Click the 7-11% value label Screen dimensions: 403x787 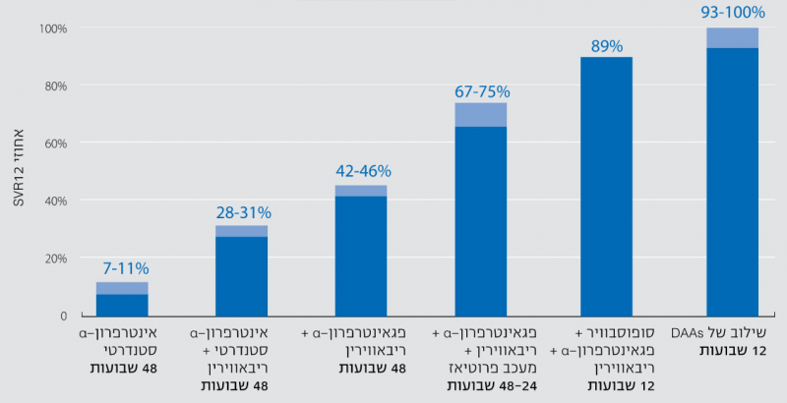pos(122,267)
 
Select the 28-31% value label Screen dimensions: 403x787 pos(243,212)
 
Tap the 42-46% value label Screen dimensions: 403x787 pos(363,170)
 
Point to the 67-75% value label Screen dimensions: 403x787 pos(482,91)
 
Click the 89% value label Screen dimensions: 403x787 pos(607,45)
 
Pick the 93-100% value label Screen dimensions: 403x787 pos(734,14)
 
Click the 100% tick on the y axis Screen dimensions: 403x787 pos(53,29)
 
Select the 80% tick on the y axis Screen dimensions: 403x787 pos(55,86)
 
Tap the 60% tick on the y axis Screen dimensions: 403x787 pos(55,144)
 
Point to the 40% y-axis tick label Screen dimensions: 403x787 pos(55,201)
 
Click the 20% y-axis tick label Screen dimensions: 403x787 pos(55,259)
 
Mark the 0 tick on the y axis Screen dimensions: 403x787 pos(62,316)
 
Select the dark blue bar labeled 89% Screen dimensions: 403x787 pos(606,187)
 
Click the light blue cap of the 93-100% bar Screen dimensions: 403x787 pos(732,37)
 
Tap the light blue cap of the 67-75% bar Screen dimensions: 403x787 pos(480,114)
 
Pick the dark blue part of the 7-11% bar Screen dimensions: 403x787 pos(122,305)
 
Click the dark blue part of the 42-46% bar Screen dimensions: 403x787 pos(360,256)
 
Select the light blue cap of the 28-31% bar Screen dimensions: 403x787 pos(241,231)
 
